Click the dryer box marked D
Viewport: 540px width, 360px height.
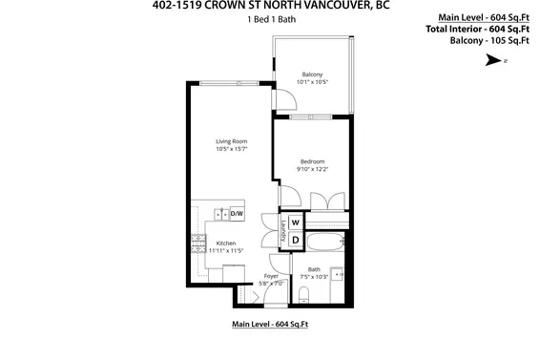click(x=296, y=239)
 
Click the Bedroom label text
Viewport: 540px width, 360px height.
click(x=313, y=161)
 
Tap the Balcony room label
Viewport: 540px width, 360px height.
click(x=312, y=74)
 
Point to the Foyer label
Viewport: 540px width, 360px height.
click(x=272, y=276)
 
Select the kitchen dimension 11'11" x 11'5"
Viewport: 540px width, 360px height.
click(x=226, y=250)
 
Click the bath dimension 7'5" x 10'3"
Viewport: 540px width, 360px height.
click(x=315, y=277)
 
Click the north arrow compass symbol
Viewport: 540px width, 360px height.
click(x=492, y=59)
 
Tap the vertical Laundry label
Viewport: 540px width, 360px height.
click(x=282, y=230)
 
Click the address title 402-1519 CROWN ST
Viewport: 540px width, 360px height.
click(x=269, y=6)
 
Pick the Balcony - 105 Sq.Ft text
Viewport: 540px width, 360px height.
click(x=490, y=39)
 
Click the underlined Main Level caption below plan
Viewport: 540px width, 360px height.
click(x=270, y=325)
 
